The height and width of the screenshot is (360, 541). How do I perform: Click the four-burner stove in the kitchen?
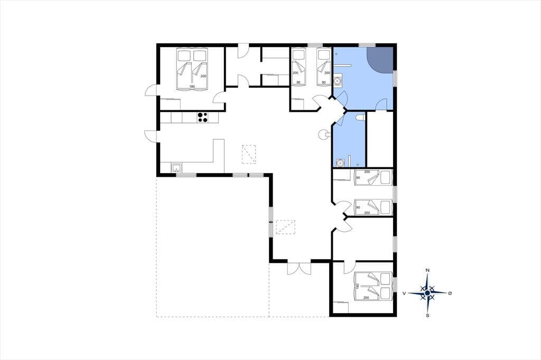[202, 117]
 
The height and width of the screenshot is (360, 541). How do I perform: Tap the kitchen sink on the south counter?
[176, 168]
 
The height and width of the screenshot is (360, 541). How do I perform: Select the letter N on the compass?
[427, 270]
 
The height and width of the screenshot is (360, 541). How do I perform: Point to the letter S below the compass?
[427, 315]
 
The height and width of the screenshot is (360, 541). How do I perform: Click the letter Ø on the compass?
[450, 293]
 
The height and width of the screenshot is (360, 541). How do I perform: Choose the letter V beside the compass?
[404, 293]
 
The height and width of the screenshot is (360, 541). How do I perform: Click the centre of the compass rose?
[427, 293]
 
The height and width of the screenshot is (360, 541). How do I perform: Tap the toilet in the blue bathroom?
[360, 118]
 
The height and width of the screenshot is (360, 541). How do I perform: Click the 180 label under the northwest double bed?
[192, 86]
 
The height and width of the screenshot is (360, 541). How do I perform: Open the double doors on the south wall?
[299, 268]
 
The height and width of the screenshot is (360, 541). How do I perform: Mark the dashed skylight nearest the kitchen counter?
[249, 155]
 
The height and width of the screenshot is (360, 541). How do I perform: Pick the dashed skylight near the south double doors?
[286, 227]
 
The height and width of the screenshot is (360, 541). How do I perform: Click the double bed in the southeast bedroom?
[374, 286]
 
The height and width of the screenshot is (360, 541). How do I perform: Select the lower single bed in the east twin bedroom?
[374, 207]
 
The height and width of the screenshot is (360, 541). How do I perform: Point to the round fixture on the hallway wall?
[323, 134]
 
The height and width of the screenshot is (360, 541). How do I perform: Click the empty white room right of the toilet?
[379, 139]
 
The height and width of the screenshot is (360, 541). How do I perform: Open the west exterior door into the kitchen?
[151, 136]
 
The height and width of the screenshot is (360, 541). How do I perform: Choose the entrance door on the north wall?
[242, 51]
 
